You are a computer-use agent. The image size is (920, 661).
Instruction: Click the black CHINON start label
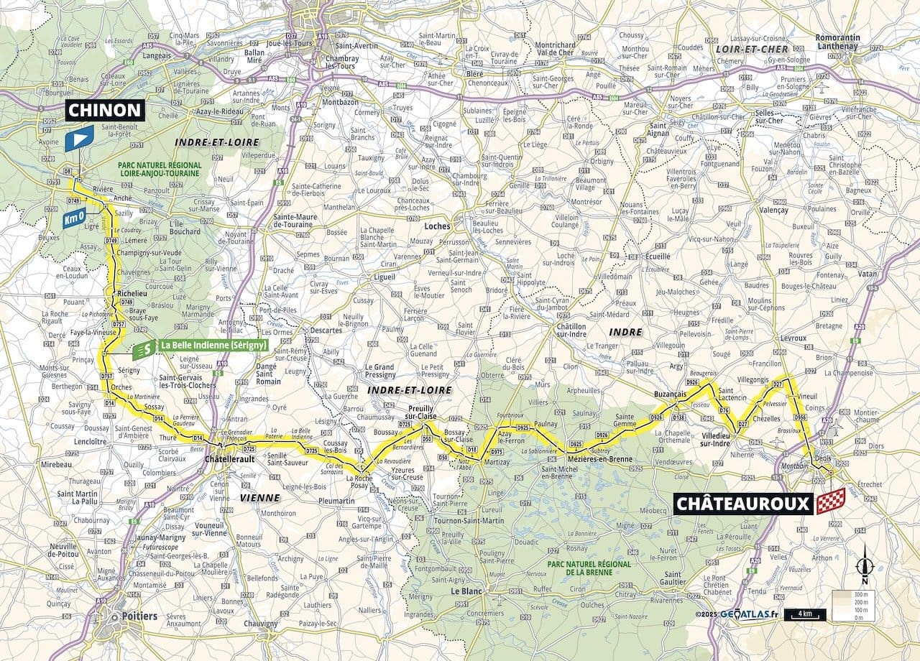[x=106, y=110]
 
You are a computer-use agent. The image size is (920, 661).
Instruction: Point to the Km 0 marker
[x=73, y=218]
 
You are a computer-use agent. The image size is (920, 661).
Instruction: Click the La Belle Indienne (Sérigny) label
[x=213, y=345]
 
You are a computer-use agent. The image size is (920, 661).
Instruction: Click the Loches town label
[x=437, y=226]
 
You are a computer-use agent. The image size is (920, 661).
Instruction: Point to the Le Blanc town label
[x=465, y=591]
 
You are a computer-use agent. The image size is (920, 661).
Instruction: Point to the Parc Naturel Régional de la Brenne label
[x=589, y=568]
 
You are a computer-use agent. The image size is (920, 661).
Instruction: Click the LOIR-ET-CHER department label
[x=748, y=48]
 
